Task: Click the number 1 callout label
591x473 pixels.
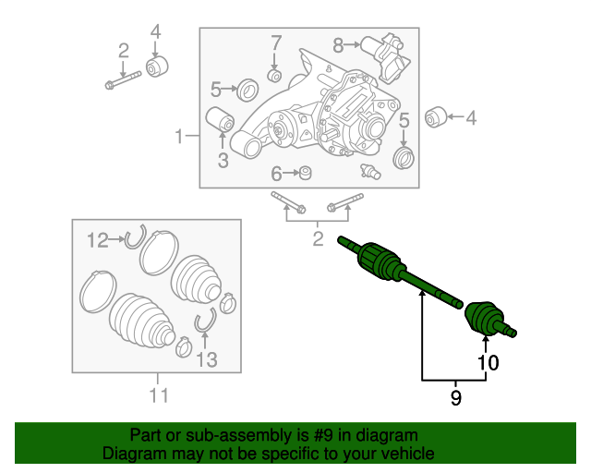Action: coord(178,138)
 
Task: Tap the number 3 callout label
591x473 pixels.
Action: coord(223,162)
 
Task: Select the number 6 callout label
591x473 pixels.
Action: coord(276,174)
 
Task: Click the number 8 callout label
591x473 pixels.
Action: coord(338,43)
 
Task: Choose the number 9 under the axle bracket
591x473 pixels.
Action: coord(454,398)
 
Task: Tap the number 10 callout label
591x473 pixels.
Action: coord(487,363)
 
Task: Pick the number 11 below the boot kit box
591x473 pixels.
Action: coord(158,396)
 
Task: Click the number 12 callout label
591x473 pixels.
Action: coord(98,240)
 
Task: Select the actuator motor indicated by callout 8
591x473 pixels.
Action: coord(382,45)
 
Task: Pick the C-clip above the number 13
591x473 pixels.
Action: coord(204,321)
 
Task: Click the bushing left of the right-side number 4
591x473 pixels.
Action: coord(436,117)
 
